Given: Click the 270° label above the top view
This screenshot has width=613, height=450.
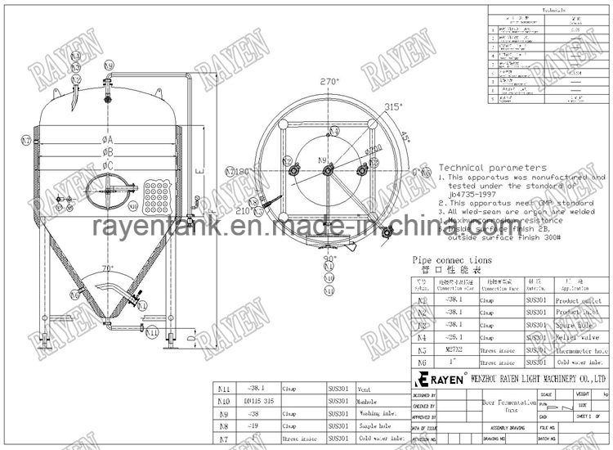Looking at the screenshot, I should pyautogui.click(x=329, y=83).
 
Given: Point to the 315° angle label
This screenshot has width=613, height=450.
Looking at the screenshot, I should pyautogui.click(x=396, y=106).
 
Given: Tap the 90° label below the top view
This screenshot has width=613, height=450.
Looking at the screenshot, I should pyautogui.click(x=329, y=259).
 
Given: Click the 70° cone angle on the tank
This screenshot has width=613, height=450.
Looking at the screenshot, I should pyautogui.click(x=106, y=269).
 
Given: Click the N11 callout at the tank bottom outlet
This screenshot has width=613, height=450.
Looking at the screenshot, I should pyautogui.click(x=151, y=333).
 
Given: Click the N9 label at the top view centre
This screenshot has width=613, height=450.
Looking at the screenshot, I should pyautogui.click(x=322, y=160).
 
